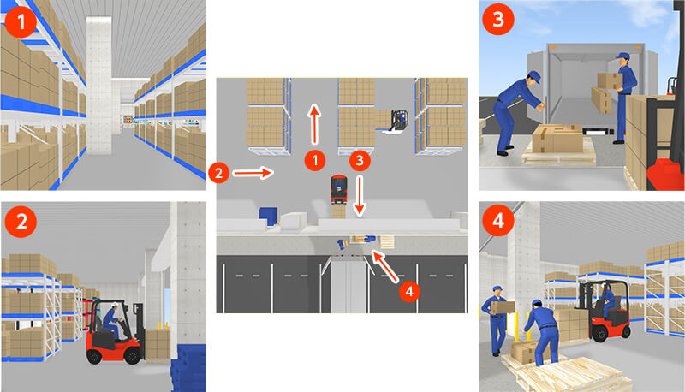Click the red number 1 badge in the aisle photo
[x=21, y=21]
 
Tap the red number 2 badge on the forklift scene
[x=21, y=222]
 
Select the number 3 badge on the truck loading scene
[x=498, y=19]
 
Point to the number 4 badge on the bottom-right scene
[x=498, y=221]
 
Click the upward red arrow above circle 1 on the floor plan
[x=314, y=124]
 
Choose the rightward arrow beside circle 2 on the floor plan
[x=253, y=173]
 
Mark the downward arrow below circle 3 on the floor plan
[x=360, y=195]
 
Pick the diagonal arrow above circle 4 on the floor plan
[x=384, y=265]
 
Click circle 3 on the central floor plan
[x=360, y=161]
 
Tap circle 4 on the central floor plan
[x=409, y=291]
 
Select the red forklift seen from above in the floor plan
[x=339, y=189]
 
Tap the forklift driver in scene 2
[x=112, y=321]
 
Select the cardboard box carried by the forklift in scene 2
[x=158, y=344]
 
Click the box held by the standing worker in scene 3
[x=610, y=80]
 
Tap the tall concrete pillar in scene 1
[x=99, y=85]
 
